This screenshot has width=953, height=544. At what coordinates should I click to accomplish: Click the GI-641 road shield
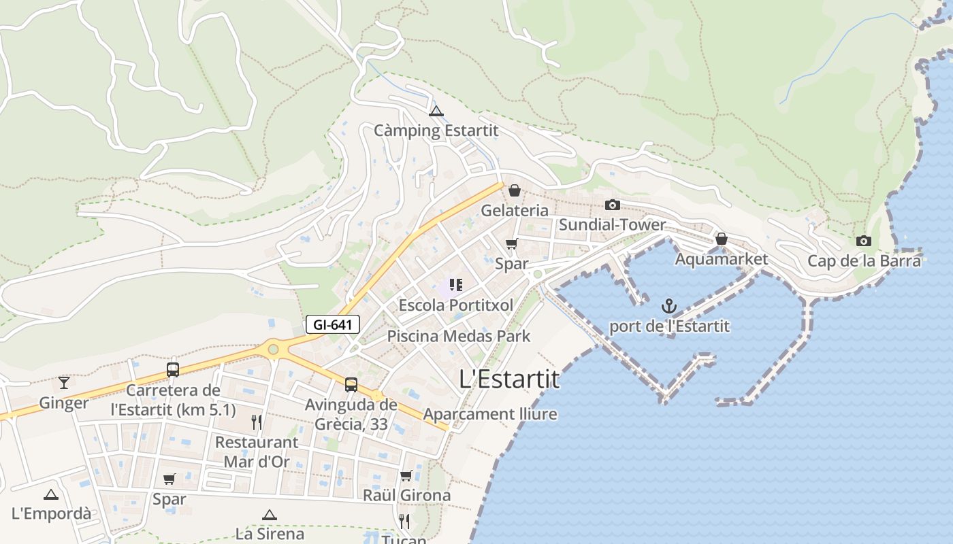tap(332, 325)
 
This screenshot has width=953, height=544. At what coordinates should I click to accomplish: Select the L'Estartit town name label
tap(509, 379)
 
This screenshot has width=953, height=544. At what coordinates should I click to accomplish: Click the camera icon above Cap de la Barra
tap(864, 241)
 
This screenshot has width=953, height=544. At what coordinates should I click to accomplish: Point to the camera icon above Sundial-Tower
tap(612, 205)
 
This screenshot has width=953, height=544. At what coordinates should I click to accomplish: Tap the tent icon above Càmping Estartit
tap(436, 111)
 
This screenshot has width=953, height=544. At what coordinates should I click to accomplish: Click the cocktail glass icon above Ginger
tap(64, 382)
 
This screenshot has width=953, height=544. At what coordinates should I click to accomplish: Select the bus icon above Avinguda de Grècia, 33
tap(351, 385)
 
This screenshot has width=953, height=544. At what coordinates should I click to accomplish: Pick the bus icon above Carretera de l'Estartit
tap(173, 370)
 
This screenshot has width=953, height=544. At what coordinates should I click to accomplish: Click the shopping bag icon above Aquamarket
tap(722, 239)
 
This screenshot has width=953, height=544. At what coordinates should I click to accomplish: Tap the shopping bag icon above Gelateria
tap(515, 190)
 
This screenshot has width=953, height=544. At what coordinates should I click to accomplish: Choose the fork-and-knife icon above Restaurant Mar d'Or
tap(257, 422)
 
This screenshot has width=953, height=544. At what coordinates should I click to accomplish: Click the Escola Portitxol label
tap(456, 305)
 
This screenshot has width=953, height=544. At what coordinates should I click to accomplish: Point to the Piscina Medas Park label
tap(458, 336)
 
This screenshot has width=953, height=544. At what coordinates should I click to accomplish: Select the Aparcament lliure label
tap(490, 414)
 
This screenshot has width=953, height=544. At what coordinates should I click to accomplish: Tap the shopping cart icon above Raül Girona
tap(406, 475)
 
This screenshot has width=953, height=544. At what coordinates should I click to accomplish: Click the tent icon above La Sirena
tap(270, 515)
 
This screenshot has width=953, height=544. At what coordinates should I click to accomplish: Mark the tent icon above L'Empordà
tap(51, 494)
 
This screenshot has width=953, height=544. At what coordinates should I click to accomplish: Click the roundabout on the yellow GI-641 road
tap(273, 350)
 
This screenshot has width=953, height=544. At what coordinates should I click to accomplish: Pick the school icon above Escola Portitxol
tap(456, 285)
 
